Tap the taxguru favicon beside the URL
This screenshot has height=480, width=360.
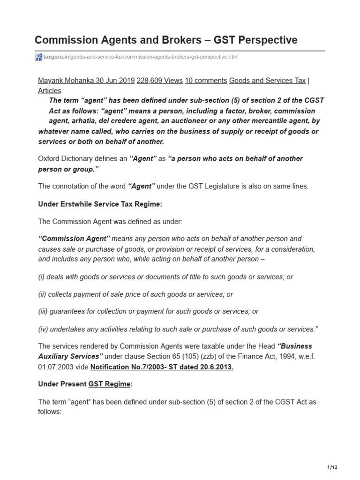point(39,57)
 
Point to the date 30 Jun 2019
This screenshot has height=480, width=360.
point(115,80)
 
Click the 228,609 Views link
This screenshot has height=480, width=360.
point(159,80)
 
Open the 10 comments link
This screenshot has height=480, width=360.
point(206,80)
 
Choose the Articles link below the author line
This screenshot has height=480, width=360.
point(49,90)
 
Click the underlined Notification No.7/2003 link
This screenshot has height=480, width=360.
point(161,367)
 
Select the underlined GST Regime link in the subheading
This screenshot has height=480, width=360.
point(109,384)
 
